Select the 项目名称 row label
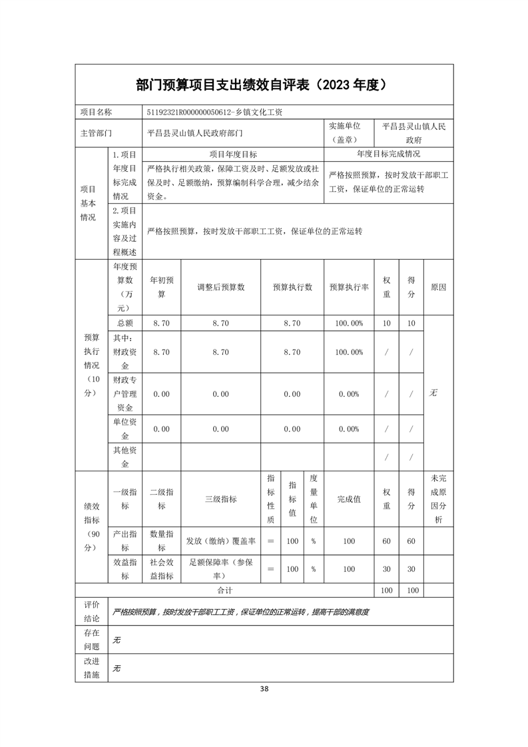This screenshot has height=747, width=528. click(x=96, y=113)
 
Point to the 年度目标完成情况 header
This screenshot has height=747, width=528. click(x=388, y=154)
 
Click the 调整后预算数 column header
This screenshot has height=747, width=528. click(x=220, y=287)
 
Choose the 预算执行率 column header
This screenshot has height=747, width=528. click(x=348, y=287)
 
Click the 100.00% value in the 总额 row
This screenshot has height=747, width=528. click(x=348, y=323)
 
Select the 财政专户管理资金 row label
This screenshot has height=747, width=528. click(x=125, y=394)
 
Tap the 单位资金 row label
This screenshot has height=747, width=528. click(x=125, y=429)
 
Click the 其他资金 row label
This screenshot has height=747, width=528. click(x=125, y=457)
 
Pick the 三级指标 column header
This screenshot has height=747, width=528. click(x=220, y=499)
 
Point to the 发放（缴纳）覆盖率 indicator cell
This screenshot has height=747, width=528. click(x=220, y=541)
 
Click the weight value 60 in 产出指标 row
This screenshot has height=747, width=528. click(x=386, y=541)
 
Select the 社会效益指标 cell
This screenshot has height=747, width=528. click(x=162, y=569)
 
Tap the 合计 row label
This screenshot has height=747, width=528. click(x=224, y=591)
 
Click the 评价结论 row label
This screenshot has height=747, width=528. click(x=91, y=611)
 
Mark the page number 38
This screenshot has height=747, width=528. click(x=264, y=689)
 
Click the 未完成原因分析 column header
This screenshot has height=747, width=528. click(x=438, y=499)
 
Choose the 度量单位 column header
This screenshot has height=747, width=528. click(x=314, y=499)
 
